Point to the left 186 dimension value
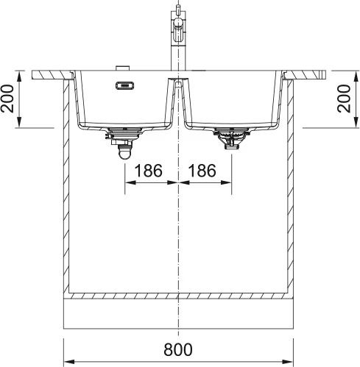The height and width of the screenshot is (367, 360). pos(148,172)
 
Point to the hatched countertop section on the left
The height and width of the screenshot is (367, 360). pos(52,75)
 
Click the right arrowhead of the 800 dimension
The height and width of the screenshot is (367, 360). pos(292,362)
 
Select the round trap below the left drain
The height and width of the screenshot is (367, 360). pos(124,152)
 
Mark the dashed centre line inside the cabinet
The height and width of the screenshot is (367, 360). pos(180,243)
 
